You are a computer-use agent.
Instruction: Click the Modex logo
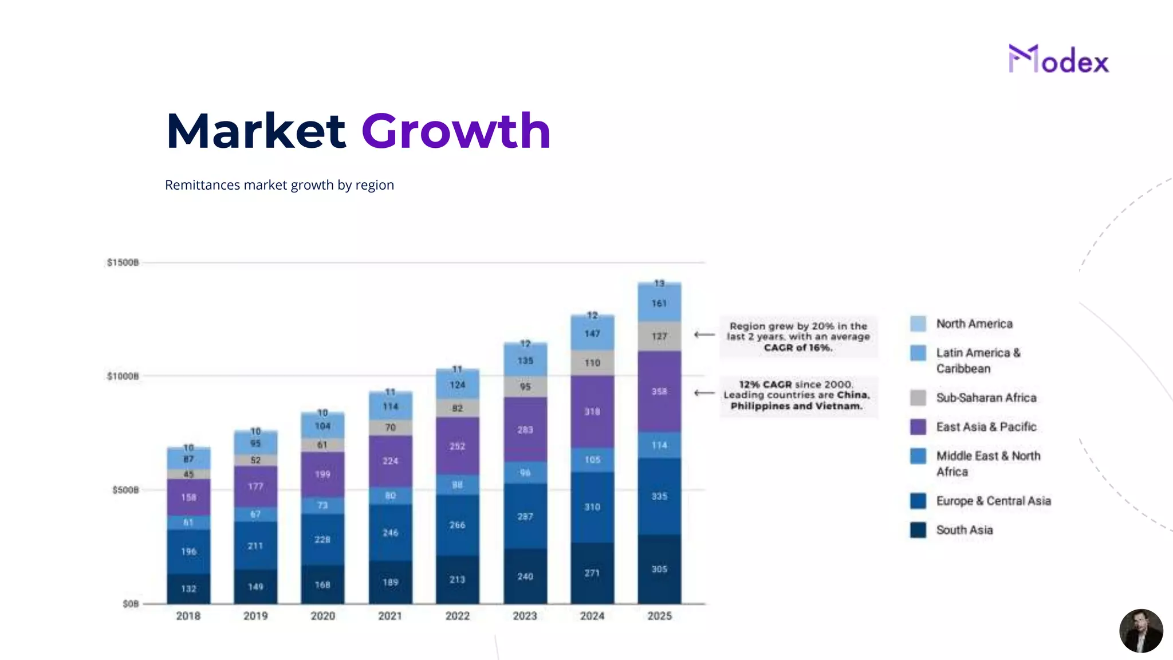coord(1058,60)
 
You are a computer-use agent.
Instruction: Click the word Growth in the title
coord(456,131)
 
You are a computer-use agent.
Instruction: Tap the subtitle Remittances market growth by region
coord(279,185)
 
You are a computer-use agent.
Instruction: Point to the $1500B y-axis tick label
coord(123,262)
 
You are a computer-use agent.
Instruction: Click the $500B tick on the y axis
coord(125,490)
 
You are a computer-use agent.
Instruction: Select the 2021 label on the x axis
coord(390,616)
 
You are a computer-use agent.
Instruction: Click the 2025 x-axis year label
coord(659,616)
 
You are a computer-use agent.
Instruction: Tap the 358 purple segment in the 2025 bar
coord(659,391)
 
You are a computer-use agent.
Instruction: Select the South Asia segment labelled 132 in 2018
coord(188,588)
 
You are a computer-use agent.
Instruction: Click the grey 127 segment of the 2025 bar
coord(659,336)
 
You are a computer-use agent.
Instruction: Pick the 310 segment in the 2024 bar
coord(592,507)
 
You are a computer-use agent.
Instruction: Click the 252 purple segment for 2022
coord(457,446)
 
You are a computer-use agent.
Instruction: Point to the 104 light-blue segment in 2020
coord(322,426)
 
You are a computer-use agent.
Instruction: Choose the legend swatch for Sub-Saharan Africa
coord(918,398)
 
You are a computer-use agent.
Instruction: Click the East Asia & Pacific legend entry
coord(986,427)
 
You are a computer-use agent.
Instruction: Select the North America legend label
coord(974,324)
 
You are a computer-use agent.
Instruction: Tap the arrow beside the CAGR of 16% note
coord(704,335)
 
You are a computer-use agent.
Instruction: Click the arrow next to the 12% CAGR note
coord(704,393)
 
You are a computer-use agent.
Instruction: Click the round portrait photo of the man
coord(1140,631)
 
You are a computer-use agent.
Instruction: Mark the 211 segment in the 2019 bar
coord(255,545)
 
